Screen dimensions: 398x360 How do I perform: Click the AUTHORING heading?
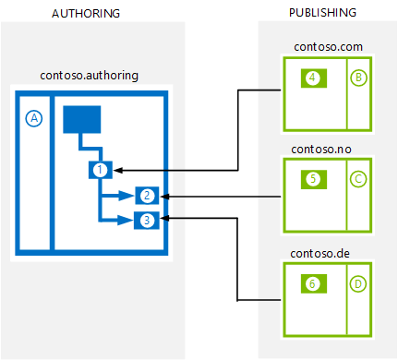86,14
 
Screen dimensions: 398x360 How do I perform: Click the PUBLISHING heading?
322,13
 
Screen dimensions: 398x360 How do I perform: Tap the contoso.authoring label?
90,76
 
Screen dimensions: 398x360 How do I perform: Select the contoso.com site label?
328,47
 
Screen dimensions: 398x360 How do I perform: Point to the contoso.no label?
321,150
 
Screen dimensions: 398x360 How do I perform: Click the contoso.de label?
320,254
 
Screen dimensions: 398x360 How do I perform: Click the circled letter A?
34,118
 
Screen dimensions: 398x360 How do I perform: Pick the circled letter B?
358,78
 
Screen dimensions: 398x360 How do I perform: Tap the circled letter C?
358,179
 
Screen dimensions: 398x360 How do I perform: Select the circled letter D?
358,283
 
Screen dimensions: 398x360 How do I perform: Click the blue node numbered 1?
101,170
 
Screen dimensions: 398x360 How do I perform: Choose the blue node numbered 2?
147,196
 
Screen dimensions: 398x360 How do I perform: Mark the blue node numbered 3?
147,221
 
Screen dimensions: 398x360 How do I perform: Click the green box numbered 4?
314,78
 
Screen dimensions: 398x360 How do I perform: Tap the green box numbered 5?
314,179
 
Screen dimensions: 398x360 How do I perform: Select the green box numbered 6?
314,283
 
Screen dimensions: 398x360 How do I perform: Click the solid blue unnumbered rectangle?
82,120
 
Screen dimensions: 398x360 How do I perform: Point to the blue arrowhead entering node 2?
127,196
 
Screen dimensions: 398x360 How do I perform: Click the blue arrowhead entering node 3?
126,221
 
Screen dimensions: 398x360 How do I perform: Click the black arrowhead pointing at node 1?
118,170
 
